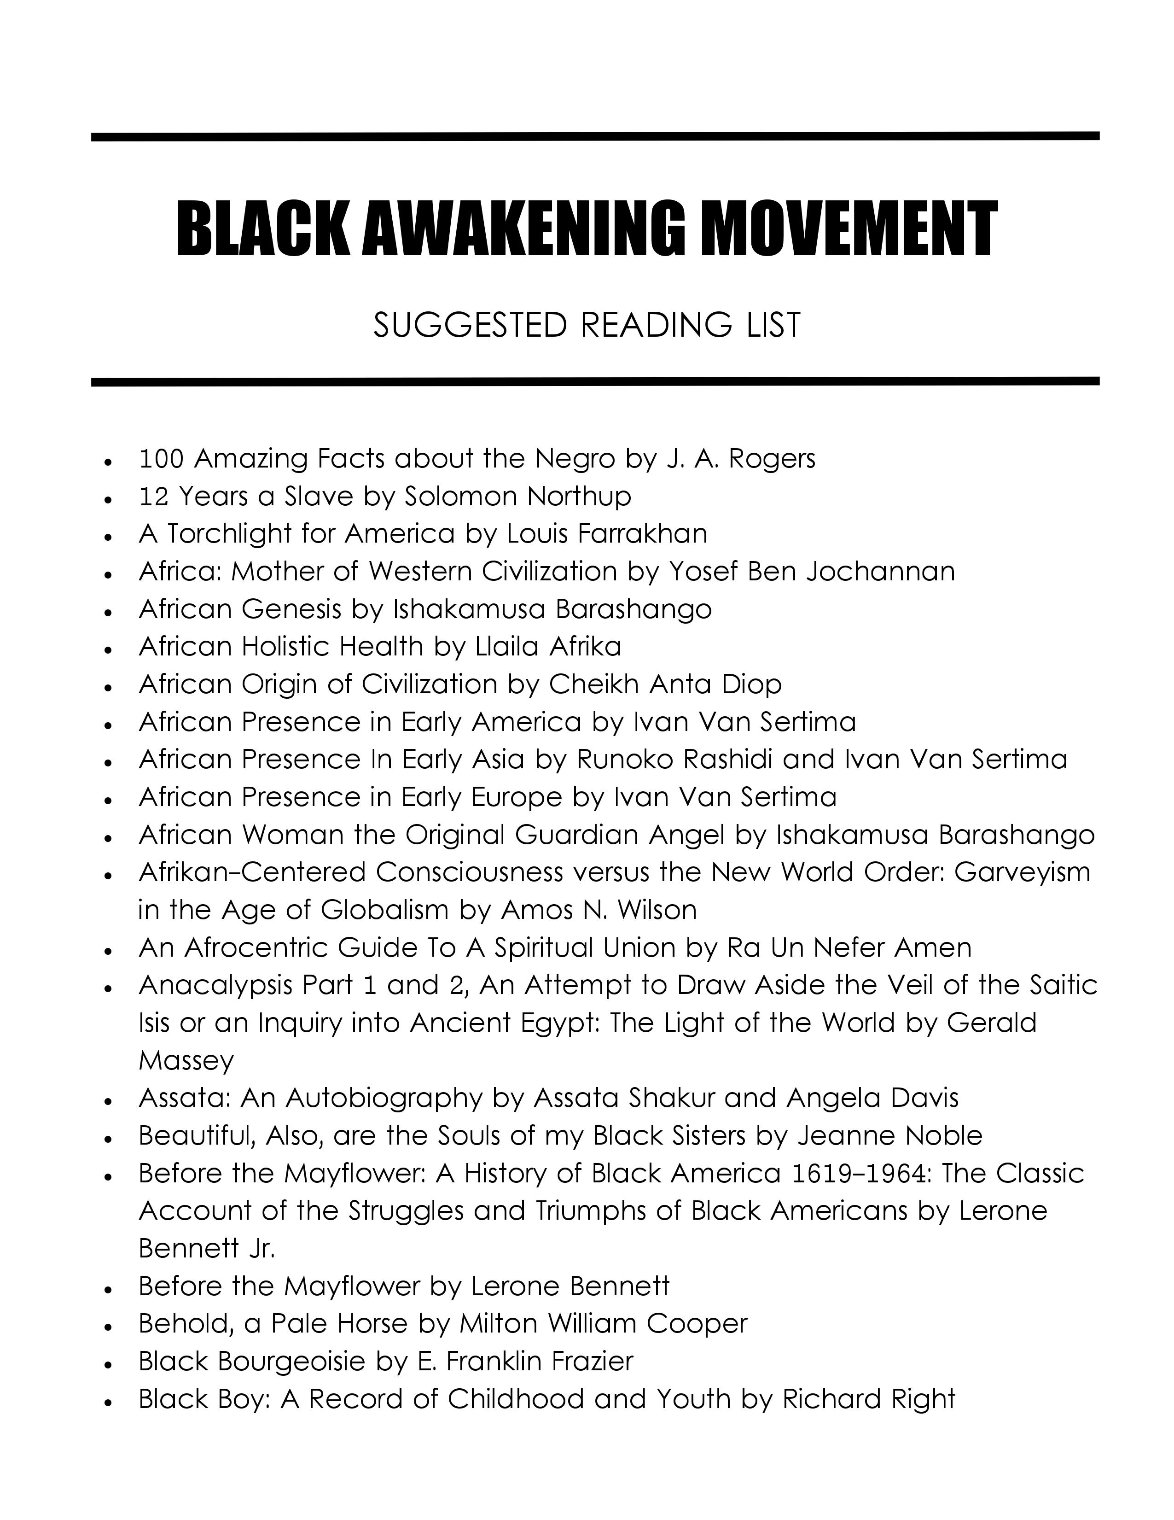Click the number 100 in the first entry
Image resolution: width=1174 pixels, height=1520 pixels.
click(161, 459)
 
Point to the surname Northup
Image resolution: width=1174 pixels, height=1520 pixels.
click(579, 496)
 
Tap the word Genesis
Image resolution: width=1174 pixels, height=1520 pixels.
click(291, 609)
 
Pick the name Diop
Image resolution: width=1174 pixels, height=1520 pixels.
click(753, 684)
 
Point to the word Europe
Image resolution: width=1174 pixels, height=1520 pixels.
click(517, 796)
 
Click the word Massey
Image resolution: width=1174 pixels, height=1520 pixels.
click(186, 1060)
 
